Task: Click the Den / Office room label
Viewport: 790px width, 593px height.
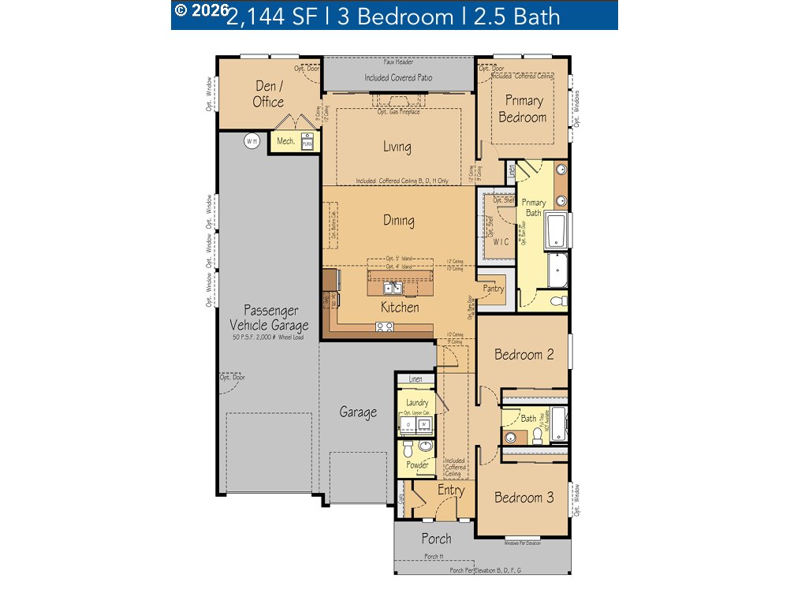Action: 269,94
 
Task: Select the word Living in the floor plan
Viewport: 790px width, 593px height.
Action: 397,147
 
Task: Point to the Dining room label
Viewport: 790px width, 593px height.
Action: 399,221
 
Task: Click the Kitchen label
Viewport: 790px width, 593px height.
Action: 400,308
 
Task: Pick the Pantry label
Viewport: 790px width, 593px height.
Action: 494,289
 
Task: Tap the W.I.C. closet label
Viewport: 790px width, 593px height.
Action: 501,241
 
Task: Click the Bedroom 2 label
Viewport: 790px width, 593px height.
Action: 524,355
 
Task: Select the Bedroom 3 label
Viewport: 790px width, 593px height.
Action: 524,498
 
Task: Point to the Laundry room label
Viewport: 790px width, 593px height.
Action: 417,403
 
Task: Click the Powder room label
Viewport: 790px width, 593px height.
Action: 417,465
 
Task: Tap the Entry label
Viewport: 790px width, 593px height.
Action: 451,490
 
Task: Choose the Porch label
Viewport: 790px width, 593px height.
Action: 436,539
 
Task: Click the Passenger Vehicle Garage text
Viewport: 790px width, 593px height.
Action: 269,318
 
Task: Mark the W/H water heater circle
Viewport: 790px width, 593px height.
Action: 252,142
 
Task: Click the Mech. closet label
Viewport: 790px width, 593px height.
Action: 285,142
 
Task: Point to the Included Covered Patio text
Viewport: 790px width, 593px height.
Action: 398,78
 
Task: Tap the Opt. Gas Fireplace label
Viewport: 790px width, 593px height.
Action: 398,112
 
